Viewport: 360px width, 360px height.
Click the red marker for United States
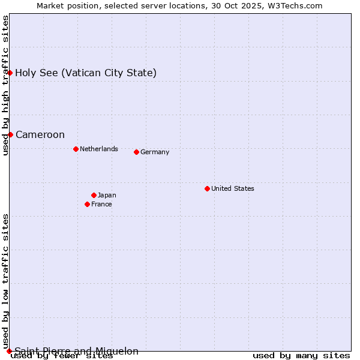pos(207,188)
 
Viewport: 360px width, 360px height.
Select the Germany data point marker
pos(136,152)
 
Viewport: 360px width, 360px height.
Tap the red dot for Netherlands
pos(76,149)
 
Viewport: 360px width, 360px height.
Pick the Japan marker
pos(94,195)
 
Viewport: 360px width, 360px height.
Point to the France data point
pos(87,204)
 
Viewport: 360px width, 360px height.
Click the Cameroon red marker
pos(10,134)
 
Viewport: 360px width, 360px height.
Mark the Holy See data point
pos(10,73)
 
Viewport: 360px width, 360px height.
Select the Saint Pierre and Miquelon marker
pos(9,351)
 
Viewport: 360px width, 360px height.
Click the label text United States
pos(233,188)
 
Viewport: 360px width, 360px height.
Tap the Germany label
pos(155,152)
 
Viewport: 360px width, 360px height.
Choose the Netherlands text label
pos(99,149)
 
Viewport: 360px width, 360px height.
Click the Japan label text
pos(107,195)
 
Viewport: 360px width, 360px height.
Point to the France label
pos(101,204)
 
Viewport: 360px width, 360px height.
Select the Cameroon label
pos(40,134)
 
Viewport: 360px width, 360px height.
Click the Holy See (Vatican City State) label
pos(86,73)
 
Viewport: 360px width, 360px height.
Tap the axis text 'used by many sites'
pos(301,356)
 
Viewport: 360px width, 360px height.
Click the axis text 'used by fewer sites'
pos(62,356)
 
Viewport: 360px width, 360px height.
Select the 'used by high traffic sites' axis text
pos(5,85)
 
